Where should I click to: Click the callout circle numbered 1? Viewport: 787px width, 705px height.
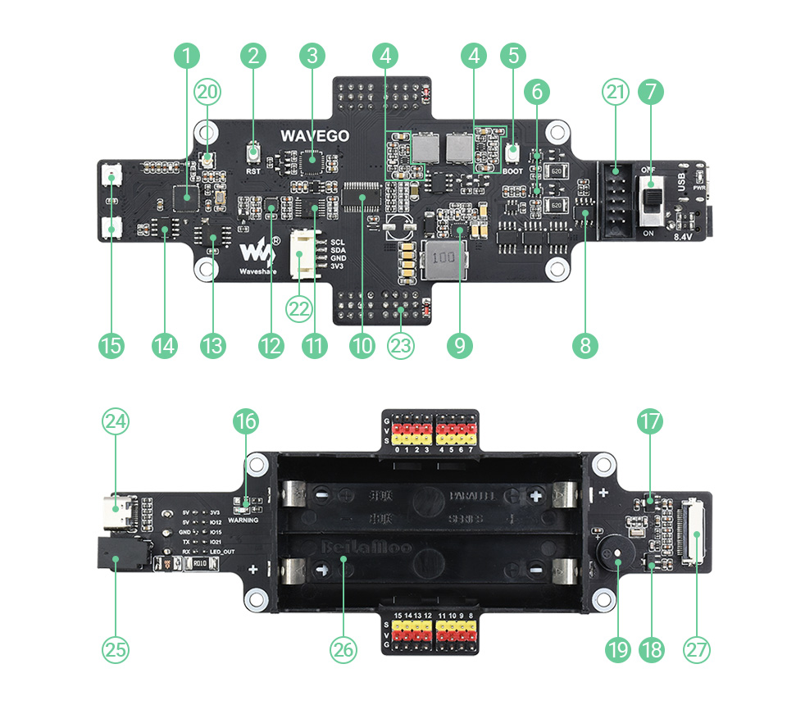(x=188, y=56)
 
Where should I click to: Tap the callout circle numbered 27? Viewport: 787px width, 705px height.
(x=697, y=649)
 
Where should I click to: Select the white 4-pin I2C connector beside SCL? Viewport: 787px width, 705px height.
(x=305, y=254)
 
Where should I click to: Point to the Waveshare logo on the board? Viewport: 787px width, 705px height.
(x=256, y=249)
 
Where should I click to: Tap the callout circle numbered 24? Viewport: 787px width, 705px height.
(x=115, y=422)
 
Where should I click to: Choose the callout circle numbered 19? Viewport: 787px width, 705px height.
(x=616, y=649)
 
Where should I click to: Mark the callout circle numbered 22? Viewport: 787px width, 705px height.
(x=298, y=309)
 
